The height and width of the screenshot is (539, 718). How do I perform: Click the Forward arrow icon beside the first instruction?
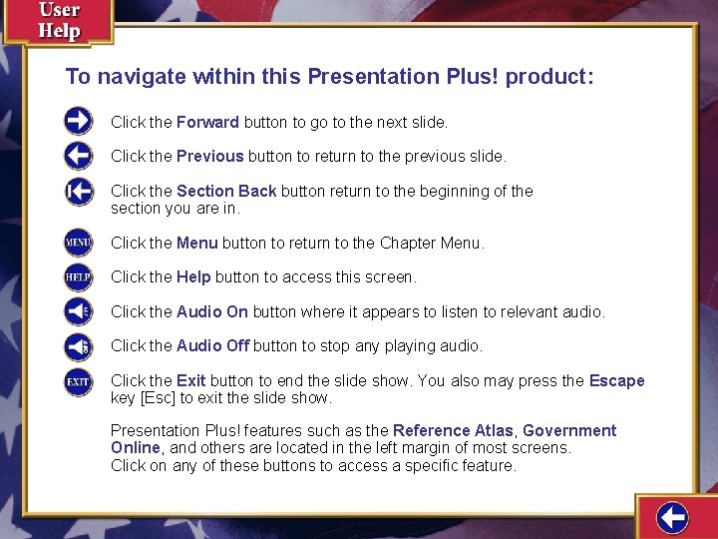[x=79, y=122]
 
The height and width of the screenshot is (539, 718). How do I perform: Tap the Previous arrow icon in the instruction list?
[x=79, y=156]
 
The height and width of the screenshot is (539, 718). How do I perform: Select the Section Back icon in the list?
[x=79, y=191]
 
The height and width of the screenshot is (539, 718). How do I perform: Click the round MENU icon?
[x=79, y=243]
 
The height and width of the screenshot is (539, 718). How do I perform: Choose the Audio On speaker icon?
[x=79, y=311]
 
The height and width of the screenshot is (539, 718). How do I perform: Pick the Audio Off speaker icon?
[x=79, y=346]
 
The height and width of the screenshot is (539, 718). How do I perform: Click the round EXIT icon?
[x=79, y=381]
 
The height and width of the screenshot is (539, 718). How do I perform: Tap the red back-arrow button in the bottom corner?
[x=673, y=517]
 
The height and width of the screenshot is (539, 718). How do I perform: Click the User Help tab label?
[x=59, y=20]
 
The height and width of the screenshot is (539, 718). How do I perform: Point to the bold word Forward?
[x=207, y=123]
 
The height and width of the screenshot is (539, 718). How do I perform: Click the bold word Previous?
[x=209, y=157]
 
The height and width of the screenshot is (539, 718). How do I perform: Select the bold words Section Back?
[x=226, y=191]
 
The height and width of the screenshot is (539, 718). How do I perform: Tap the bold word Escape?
[x=616, y=381]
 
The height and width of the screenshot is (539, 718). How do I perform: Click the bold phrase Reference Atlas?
[x=453, y=431]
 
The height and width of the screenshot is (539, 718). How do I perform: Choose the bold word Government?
[x=569, y=431]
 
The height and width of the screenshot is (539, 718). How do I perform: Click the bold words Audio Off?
[x=212, y=346]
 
